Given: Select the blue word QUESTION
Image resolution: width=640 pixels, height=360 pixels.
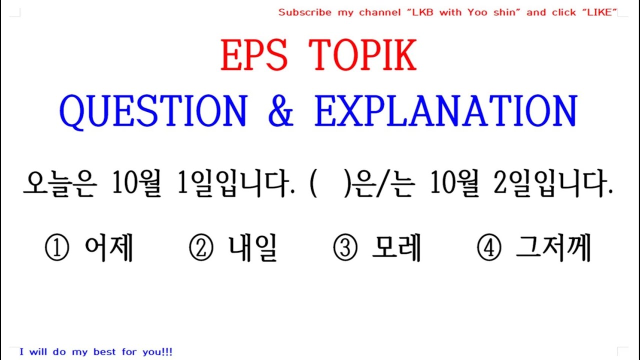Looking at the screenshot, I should (x=153, y=111).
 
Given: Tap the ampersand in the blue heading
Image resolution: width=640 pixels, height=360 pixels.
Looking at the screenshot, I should (x=280, y=111).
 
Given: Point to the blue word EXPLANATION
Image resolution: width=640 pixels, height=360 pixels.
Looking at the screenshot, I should (x=445, y=111).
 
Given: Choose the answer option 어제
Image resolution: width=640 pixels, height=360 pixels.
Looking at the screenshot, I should (x=108, y=248).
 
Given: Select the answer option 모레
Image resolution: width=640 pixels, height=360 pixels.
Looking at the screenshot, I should (x=396, y=248).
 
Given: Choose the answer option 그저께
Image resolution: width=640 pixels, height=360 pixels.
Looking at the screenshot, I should (x=553, y=248).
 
